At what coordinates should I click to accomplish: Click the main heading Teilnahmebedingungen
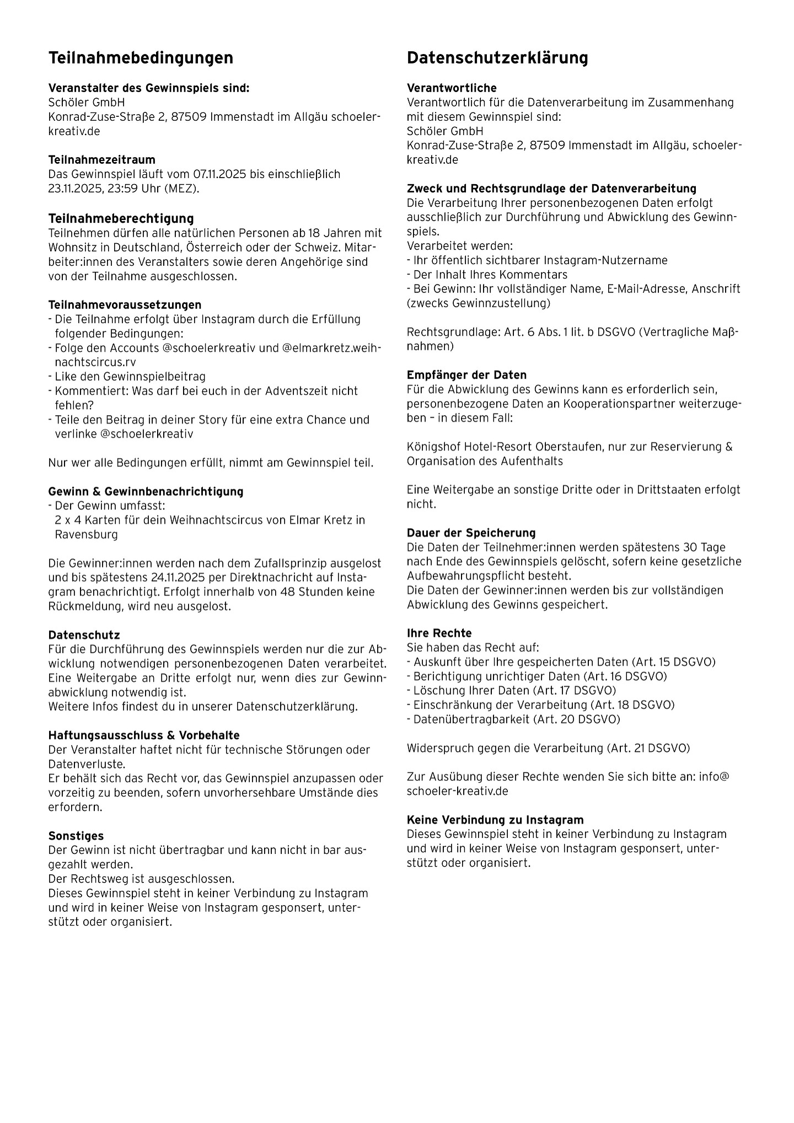141,58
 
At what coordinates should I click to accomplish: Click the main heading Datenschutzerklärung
497,58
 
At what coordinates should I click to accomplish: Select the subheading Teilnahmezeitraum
102,160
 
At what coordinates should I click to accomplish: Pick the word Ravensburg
86,534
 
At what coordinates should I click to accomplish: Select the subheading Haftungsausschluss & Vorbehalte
144,735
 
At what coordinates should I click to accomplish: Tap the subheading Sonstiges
76,836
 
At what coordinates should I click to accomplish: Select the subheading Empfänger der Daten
466,375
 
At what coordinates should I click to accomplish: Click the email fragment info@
714,777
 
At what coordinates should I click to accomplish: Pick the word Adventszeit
298,391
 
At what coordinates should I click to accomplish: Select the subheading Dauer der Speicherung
471,533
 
